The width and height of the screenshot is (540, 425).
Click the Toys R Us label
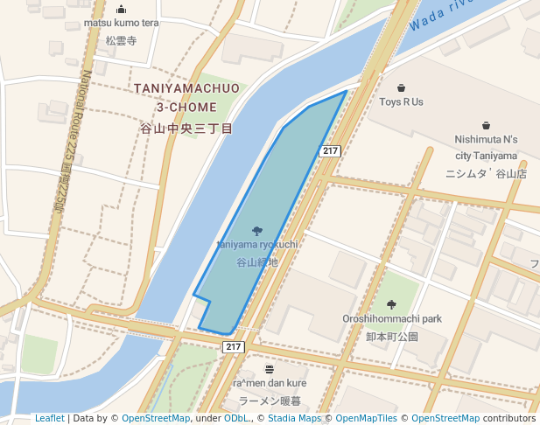coord(401,101)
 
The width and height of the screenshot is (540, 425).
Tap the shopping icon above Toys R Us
coord(401,87)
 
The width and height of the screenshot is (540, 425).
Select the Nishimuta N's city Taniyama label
coord(486,147)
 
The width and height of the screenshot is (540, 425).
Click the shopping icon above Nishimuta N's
coord(486,125)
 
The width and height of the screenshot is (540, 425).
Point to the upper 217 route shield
coord(329,151)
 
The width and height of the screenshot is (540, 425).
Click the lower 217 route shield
coord(232,347)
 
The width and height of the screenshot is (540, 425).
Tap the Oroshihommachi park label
coord(391,319)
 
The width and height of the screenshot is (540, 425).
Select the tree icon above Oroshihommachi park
coord(390,304)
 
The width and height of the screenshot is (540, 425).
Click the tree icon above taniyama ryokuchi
coord(257,231)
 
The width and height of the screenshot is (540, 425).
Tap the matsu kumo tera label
coord(121,23)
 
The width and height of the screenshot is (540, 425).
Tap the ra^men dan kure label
coord(270,383)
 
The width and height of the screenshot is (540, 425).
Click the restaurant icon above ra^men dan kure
coord(270,369)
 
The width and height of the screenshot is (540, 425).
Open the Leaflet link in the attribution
coord(49,419)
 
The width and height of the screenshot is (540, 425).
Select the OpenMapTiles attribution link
coord(367,419)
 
